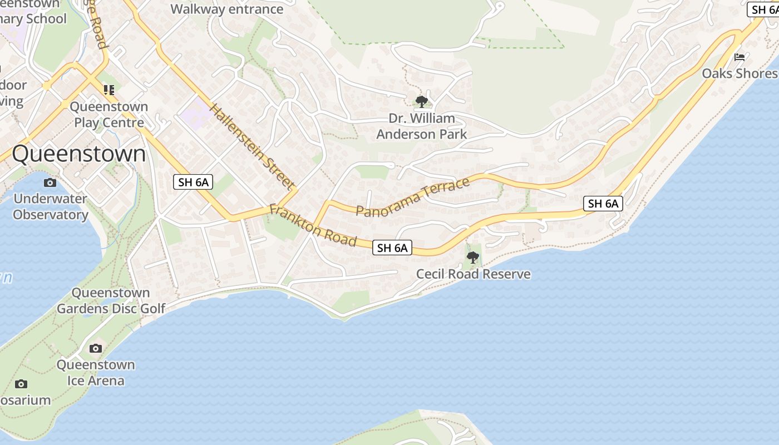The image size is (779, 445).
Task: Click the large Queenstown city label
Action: (x=78, y=154)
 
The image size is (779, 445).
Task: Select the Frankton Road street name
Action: (x=313, y=226)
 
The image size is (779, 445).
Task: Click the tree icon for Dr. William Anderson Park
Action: (x=422, y=101)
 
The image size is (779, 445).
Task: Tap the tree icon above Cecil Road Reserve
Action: (x=473, y=257)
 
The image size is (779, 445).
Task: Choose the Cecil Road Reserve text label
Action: (x=474, y=274)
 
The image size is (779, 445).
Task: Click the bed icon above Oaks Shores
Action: (x=739, y=57)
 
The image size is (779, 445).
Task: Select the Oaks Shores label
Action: (x=739, y=73)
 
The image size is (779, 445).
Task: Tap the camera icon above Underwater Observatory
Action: (x=50, y=182)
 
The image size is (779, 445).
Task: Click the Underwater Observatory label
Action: (x=51, y=206)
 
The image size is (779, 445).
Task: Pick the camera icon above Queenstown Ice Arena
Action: (x=96, y=348)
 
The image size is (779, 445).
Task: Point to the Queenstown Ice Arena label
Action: (x=96, y=373)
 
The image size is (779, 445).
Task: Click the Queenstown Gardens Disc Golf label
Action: (x=111, y=300)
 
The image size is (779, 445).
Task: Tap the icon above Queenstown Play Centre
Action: (x=109, y=90)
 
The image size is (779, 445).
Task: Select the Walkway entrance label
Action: (x=226, y=9)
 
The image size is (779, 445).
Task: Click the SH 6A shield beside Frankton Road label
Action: (x=392, y=248)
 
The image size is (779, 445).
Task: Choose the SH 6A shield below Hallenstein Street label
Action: (x=193, y=182)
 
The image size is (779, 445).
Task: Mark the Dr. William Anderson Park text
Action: (x=422, y=126)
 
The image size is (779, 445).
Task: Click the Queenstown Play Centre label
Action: (x=109, y=115)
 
